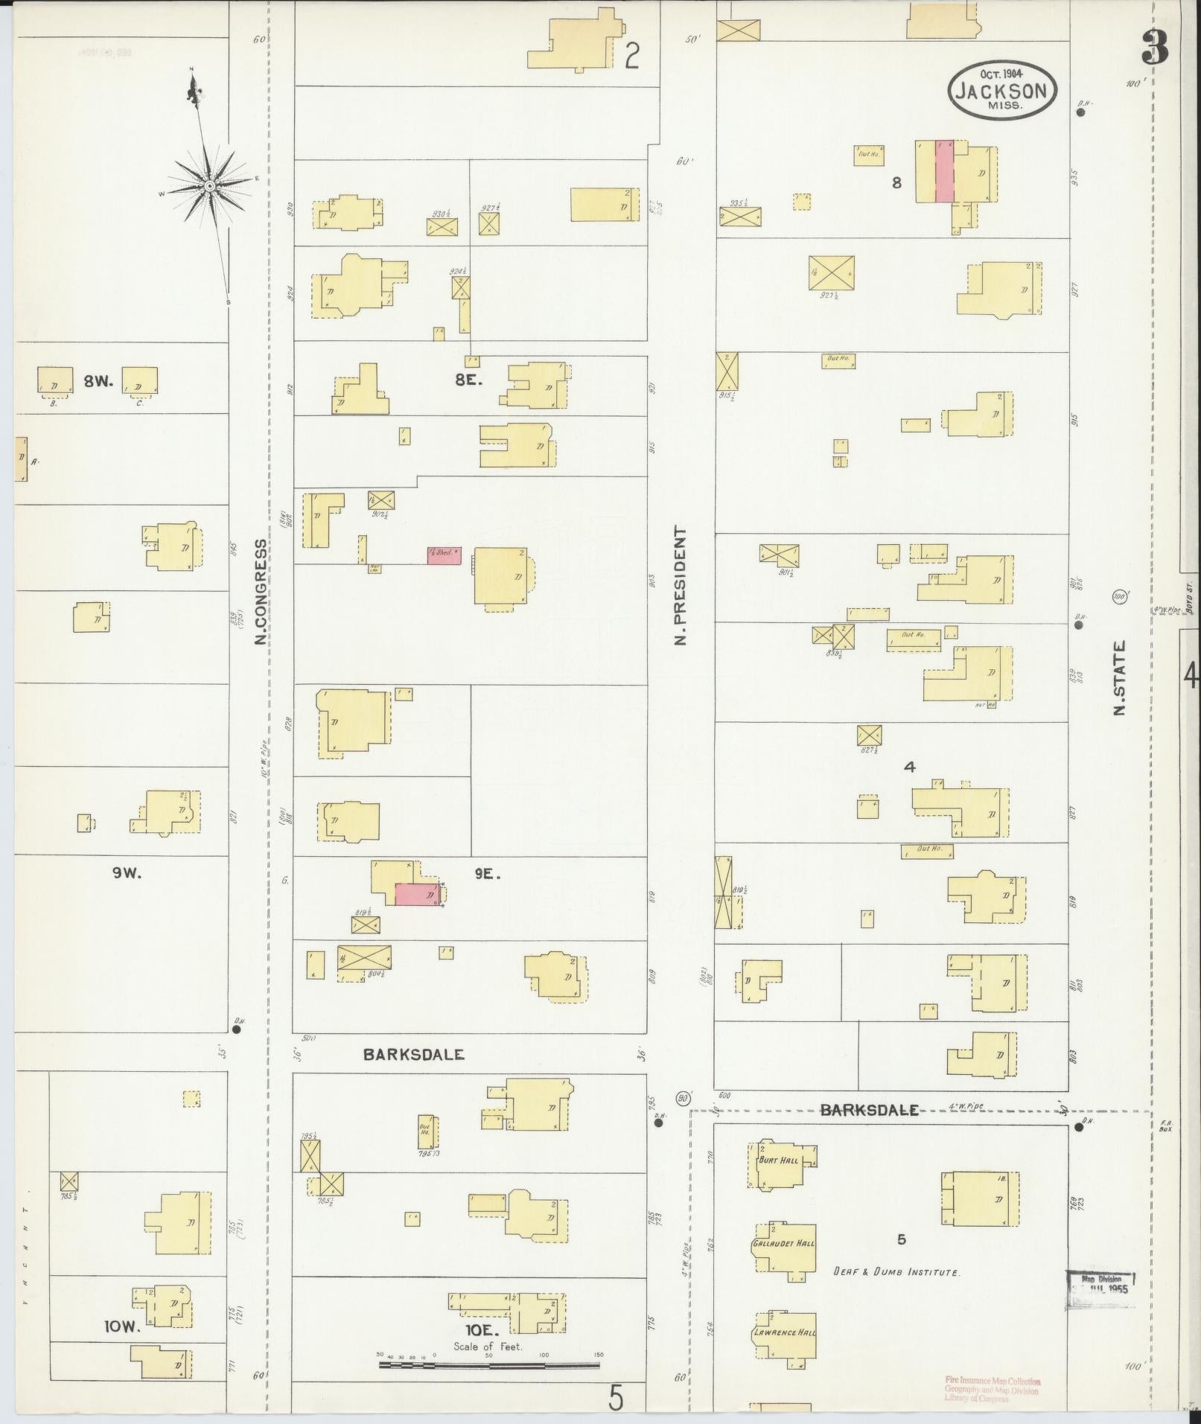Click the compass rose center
[210, 185]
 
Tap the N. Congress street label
[261, 592]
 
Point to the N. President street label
[680, 586]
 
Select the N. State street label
[1118, 677]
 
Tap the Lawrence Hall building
[784, 1332]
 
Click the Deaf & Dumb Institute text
[896, 1272]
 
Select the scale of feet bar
[489, 1366]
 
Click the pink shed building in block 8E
[444, 554]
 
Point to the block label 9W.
[127, 874]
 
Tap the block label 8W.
[98, 381]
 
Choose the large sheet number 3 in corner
[1154, 47]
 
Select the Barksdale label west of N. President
[414, 1054]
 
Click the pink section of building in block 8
[944, 171]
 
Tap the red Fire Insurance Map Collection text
[993, 1389]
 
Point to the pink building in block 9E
[416, 894]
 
